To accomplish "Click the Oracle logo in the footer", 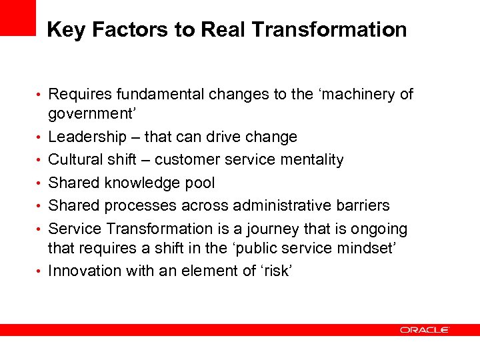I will coord(425,329).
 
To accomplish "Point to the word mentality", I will coord(311,160).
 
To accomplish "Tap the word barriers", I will coord(362,206).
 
